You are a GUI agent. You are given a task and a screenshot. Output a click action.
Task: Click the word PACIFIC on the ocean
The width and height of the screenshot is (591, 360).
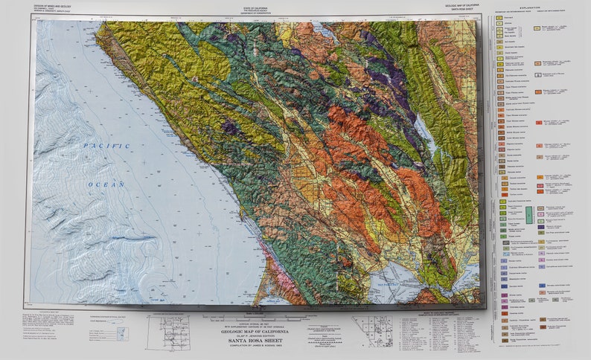coord(106,146)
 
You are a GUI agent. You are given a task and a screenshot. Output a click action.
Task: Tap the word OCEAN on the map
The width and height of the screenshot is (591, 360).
coord(106,183)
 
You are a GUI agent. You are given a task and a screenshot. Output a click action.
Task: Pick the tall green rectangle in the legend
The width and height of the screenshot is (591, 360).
coord(529,215)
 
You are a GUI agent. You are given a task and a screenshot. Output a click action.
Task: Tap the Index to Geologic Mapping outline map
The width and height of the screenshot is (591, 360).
coord(372,331)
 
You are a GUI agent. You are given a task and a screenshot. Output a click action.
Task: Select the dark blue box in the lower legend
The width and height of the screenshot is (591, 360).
coord(502,285)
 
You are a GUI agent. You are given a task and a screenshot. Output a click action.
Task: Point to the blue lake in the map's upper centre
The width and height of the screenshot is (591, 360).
coord(325,30)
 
